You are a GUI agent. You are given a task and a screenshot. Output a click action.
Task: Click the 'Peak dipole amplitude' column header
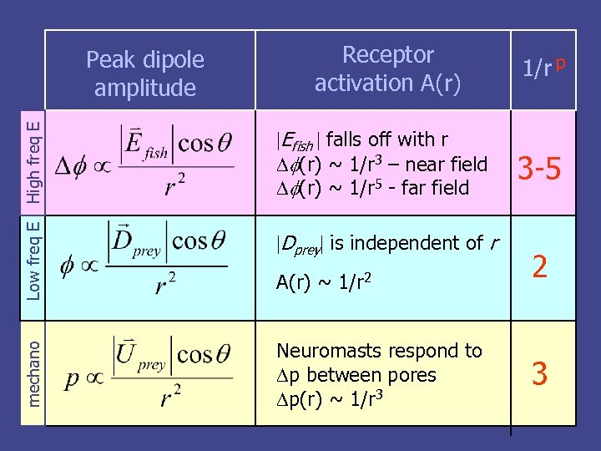coord(145,73)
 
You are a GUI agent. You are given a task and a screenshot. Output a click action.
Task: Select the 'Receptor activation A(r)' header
coord(387,69)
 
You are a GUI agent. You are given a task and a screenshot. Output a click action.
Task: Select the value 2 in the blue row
coord(540,267)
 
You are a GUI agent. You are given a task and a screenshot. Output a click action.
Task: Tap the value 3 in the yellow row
coord(540,373)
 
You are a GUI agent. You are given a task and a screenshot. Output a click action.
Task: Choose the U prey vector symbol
coord(139,354)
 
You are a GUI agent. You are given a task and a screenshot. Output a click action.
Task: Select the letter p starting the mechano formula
coord(73,380)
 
